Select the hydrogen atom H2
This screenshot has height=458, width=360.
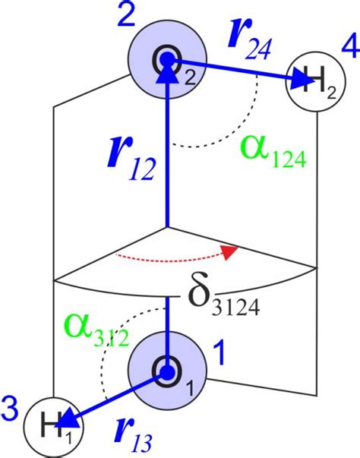tap(311, 83)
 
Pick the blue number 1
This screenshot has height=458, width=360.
tap(218, 352)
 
